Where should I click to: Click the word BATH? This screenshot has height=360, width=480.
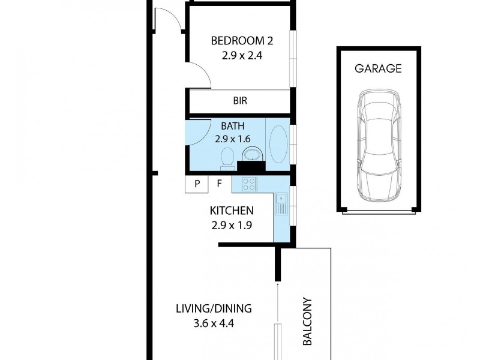coord(233,126)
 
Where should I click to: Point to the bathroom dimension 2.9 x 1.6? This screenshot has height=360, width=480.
coord(233,139)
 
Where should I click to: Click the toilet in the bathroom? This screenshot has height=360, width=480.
coord(227,159)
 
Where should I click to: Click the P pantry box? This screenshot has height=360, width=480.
coord(196,184)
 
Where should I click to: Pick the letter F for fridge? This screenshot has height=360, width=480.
coord(219,184)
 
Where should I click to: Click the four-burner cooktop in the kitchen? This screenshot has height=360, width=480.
coord(249,184)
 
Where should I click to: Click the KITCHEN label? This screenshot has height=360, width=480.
coord(231,211)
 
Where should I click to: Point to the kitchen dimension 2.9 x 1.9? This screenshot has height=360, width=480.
coord(231,226)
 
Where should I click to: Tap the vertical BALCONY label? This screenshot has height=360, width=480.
coord(307,322)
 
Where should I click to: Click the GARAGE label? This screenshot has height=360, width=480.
coord(378,68)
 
